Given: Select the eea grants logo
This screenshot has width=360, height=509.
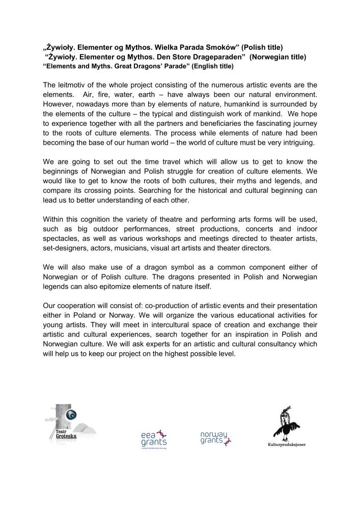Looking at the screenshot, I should click(x=154, y=439).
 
